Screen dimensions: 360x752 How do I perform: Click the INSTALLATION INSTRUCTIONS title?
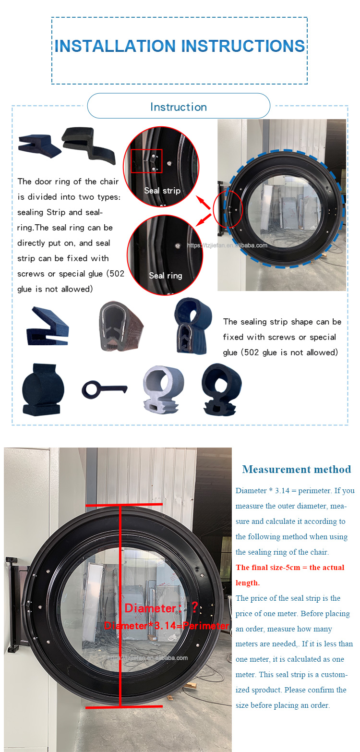[180, 46]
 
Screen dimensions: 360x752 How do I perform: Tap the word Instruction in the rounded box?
[179, 107]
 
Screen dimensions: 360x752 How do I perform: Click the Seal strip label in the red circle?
[162, 191]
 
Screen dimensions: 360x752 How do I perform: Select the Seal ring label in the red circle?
[166, 276]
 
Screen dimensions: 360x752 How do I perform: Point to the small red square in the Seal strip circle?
[146, 161]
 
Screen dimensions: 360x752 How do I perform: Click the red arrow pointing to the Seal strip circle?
[204, 202]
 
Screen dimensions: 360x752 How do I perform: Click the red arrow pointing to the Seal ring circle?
[204, 220]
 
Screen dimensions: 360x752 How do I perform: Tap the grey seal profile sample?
[163, 389]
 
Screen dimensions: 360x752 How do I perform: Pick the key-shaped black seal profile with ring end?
[104, 389]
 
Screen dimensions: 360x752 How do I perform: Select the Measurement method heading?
[297, 469]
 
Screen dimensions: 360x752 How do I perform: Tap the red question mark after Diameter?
[194, 607]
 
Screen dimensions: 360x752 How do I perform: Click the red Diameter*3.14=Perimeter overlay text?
[167, 625]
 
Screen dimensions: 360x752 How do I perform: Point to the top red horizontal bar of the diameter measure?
[124, 505]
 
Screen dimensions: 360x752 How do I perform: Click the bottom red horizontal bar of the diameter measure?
[124, 707]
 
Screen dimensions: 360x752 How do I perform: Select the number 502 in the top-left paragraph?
[117, 274]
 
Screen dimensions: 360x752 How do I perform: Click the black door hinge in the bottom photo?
[14, 604]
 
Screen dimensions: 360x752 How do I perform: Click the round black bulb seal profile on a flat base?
[43, 389]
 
